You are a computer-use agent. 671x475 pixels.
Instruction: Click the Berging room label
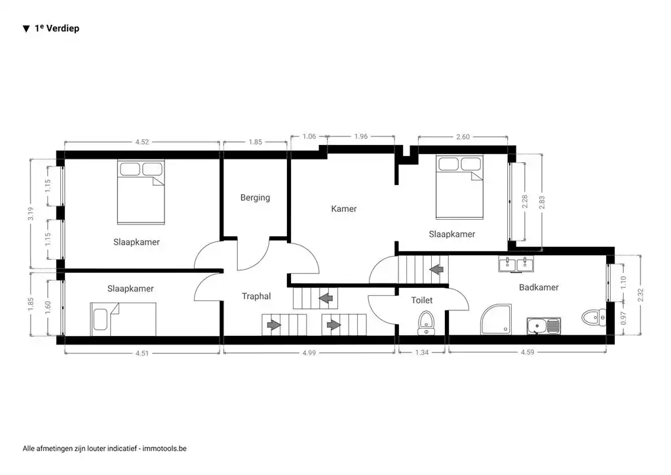point(255,197)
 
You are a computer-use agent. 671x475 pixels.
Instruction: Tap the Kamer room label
point(344,209)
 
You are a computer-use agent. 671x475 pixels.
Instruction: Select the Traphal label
point(256,297)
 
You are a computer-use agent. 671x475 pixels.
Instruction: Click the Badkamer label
point(539,287)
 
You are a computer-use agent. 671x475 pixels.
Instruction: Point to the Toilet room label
point(421,300)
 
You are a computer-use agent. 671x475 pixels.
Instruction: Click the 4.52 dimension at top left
point(142,141)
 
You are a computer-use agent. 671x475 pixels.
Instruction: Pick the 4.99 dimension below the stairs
point(309,353)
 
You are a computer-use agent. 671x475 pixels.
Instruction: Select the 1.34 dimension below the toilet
point(422,353)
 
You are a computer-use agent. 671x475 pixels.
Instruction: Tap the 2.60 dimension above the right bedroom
point(462,136)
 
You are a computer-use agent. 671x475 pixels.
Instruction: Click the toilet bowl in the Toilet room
point(427,322)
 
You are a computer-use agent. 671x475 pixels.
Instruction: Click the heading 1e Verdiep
point(56,29)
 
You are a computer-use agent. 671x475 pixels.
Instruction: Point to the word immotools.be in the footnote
point(164,449)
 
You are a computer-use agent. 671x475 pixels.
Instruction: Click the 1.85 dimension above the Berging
point(255,141)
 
